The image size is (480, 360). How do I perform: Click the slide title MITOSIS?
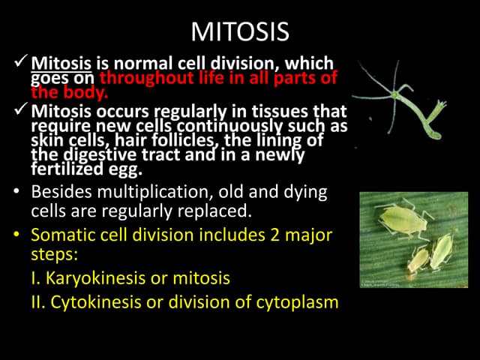click(239, 31)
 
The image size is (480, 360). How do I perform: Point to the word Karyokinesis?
click(82, 278)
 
